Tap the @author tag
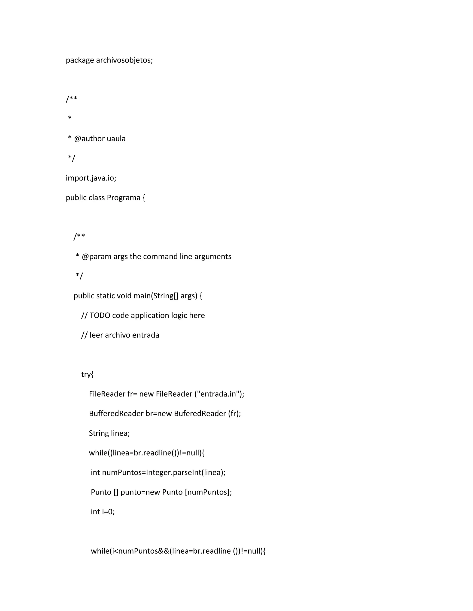[x=89, y=139]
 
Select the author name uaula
[x=116, y=139]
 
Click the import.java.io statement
[x=91, y=178]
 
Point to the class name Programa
[x=124, y=198]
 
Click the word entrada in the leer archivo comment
[x=146, y=335]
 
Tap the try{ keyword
[x=87, y=374]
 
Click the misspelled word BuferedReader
[x=200, y=413]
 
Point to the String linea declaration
[x=109, y=433]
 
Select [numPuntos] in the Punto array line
[x=207, y=492]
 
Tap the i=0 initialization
[x=107, y=512]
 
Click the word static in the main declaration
[x=105, y=296]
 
